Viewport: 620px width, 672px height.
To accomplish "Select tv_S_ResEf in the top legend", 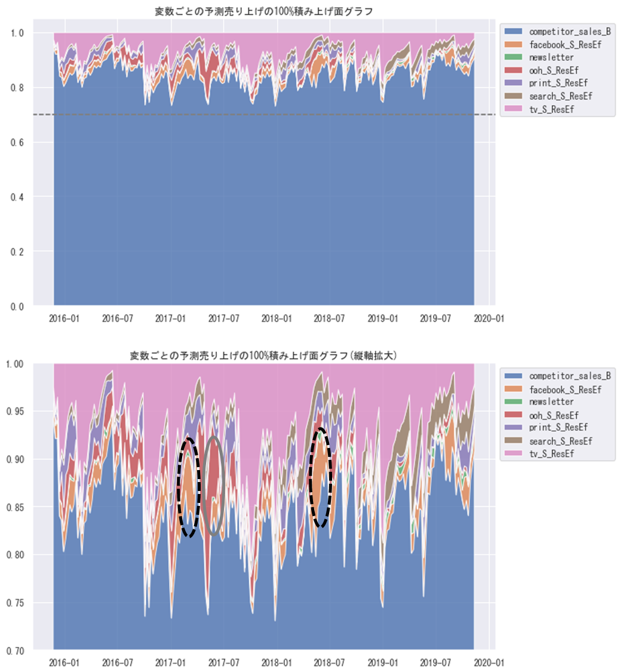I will (x=553, y=109).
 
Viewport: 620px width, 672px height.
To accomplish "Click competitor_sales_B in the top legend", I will (x=570, y=30).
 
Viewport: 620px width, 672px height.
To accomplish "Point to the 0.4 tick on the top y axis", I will (x=17, y=197).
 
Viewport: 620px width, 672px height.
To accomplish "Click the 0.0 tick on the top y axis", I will (x=17, y=306).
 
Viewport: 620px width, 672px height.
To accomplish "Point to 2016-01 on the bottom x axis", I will (x=64, y=662).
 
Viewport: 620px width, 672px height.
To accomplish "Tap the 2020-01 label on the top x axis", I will (x=490, y=319).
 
